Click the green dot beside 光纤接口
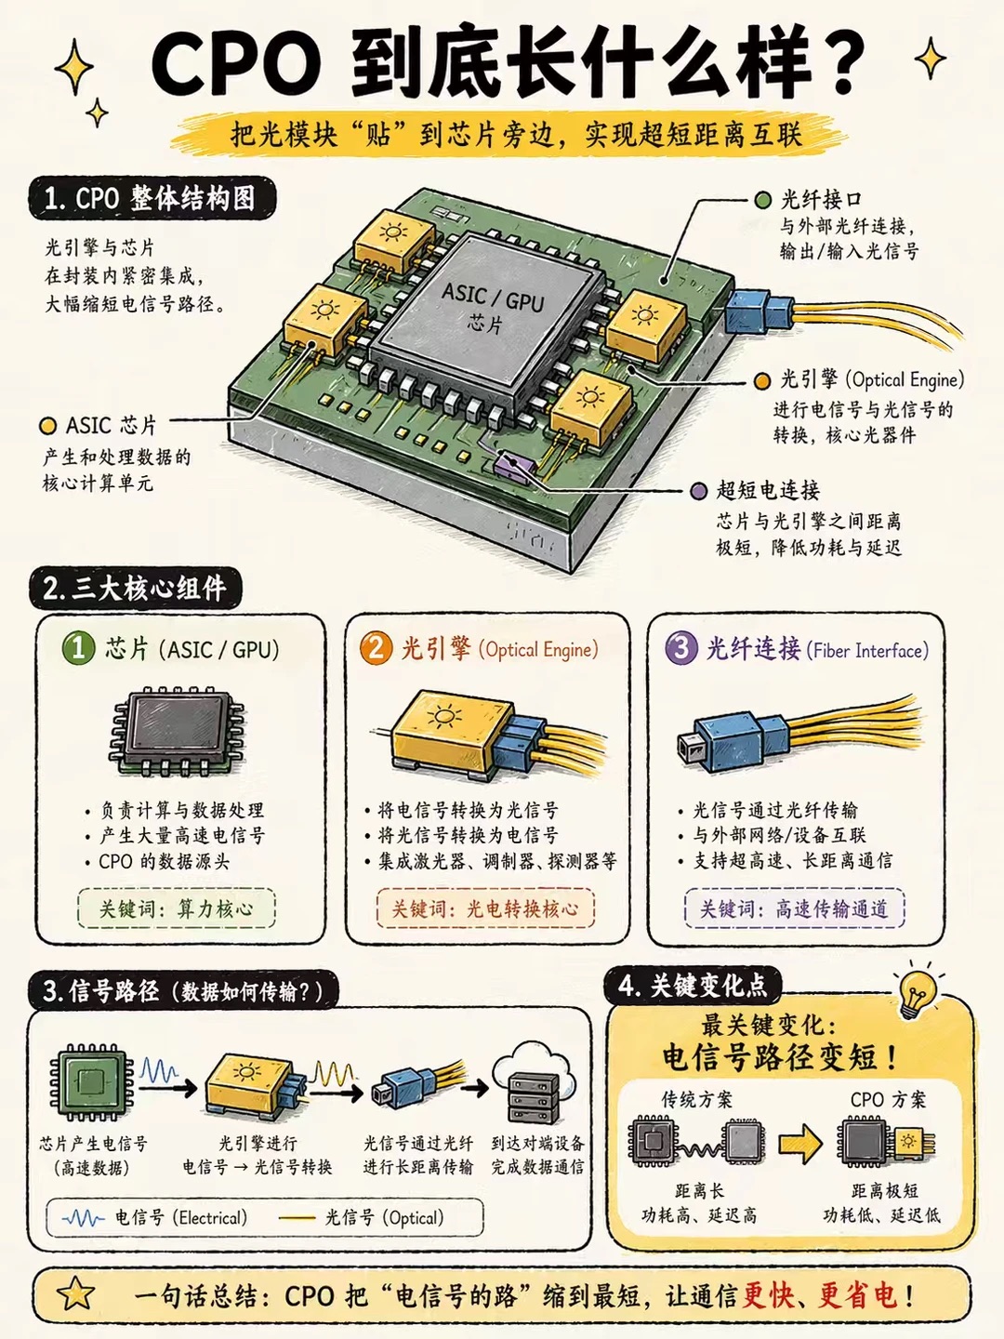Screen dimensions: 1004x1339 762,200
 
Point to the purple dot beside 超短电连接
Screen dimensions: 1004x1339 698,490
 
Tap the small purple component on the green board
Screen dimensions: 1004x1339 513,464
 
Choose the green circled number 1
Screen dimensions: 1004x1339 79,648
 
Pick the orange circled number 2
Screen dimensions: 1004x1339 376,648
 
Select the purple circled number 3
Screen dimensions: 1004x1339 680,648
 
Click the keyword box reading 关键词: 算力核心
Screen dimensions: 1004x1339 177,908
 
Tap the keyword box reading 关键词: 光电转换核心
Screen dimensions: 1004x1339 485,908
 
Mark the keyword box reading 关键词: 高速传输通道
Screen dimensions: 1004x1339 794,908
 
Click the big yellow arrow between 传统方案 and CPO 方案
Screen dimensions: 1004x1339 800,1143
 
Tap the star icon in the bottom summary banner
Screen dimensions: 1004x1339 75,1294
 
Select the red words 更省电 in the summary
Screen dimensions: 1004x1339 857,1295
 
